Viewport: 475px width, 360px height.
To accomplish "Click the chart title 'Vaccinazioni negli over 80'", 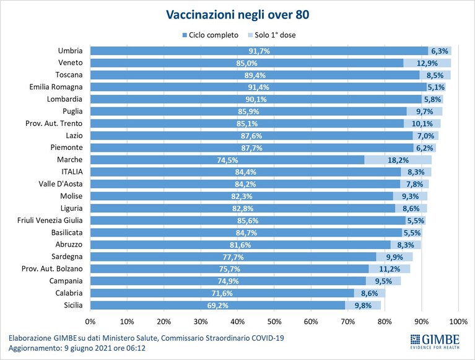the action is tap(238, 15).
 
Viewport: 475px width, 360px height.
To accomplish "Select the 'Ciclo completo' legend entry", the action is tap(210, 35).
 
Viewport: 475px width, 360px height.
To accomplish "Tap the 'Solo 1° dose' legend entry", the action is tap(272, 35).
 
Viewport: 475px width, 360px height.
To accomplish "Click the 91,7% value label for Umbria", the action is tap(259, 51).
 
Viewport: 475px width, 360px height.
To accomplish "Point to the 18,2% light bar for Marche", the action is tap(398, 160).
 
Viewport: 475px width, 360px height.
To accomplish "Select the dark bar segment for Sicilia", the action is tap(217, 305).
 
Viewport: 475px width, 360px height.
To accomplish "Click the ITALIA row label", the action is tap(72, 172).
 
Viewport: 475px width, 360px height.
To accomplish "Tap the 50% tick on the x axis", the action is tap(274, 322).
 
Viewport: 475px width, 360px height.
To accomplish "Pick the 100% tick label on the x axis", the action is tap(458, 322).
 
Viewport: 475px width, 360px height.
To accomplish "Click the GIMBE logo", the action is tap(435, 341).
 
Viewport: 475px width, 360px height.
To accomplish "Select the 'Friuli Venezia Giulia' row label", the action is tap(50, 221).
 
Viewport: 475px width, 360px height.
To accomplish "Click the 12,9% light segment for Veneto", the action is tap(427, 63).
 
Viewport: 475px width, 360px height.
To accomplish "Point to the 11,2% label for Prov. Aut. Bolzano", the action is tap(390, 269).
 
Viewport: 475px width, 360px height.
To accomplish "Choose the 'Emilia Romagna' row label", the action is tap(56, 87).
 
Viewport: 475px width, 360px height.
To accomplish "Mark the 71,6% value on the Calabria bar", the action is tap(222, 293).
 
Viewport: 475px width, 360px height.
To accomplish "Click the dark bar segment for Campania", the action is tap(228, 281).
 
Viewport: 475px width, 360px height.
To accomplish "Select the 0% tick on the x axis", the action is tap(90, 322).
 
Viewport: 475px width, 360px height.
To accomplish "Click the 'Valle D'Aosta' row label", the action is tap(61, 184).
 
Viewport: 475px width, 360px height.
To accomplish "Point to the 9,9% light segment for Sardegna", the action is tap(394, 257).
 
